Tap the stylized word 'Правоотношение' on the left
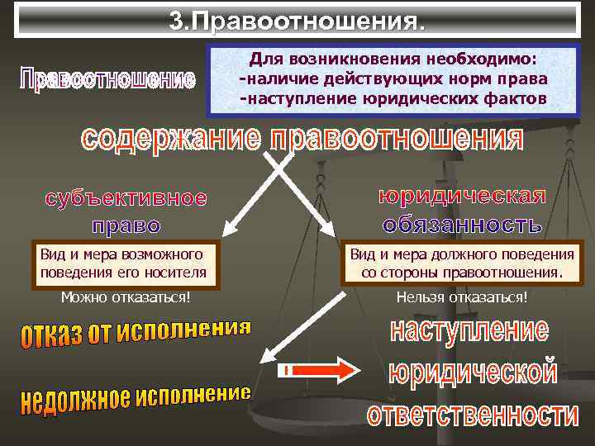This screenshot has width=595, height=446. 107,80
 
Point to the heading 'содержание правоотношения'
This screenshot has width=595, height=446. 302,138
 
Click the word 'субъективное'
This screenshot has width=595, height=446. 126,199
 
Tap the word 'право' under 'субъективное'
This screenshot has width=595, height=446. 126,225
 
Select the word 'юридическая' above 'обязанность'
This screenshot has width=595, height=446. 462,197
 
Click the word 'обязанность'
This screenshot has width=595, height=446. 462,223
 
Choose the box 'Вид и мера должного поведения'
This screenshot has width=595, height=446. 461,263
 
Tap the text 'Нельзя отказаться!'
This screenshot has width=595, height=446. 462,297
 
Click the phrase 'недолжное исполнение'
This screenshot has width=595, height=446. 135,397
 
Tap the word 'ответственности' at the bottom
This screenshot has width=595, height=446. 473,415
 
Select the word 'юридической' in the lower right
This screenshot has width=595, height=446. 472,372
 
